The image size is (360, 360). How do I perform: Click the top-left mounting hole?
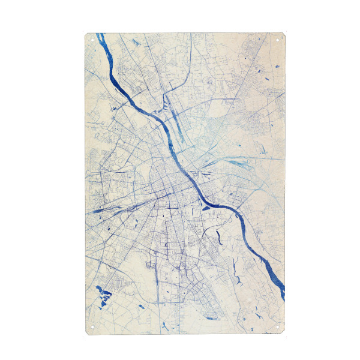tap(92, 40)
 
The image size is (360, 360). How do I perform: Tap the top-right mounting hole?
tap(278, 40)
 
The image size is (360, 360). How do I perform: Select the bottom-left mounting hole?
tap(92, 327)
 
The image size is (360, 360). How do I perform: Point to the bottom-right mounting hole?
tap(277, 327)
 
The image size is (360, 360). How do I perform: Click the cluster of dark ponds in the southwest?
tap(104, 293)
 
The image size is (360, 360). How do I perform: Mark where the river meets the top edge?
tap(100, 35)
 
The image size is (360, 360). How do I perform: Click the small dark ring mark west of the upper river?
tap(113, 107)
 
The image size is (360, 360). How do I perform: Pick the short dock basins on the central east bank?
tap(193, 174)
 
